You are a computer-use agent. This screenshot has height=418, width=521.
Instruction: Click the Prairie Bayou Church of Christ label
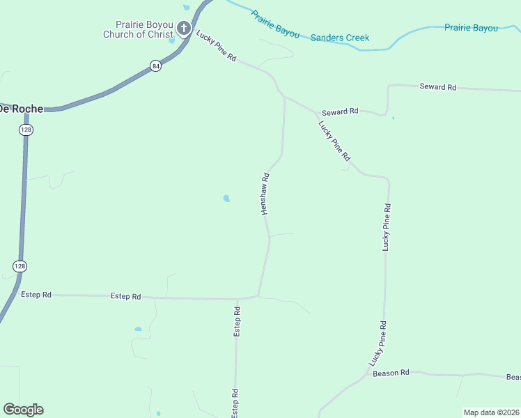[x=137, y=29]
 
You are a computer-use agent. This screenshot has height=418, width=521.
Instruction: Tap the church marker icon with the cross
[x=184, y=29]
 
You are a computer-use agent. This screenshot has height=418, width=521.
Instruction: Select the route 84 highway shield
[x=155, y=65]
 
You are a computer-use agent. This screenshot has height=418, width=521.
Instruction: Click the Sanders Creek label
[x=340, y=38]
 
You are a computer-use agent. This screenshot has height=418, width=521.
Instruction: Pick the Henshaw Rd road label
[x=265, y=194]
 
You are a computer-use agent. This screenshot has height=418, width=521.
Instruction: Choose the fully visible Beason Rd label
[x=391, y=373]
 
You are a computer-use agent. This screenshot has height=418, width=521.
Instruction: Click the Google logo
[x=23, y=410]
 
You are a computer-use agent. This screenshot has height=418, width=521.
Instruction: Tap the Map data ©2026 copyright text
[x=492, y=412]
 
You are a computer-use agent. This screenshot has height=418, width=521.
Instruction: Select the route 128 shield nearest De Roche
[x=26, y=130]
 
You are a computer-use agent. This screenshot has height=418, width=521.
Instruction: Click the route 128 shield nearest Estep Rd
[x=20, y=266]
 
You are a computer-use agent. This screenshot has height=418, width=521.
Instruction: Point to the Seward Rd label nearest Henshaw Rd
[x=340, y=111]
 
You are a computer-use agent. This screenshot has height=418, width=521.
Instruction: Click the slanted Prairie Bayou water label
[x=275, y=24]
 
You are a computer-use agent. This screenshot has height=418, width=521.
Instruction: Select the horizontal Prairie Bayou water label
[x=472, y=28]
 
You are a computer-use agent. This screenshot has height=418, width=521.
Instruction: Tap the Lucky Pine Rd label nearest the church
[x=217, y=47]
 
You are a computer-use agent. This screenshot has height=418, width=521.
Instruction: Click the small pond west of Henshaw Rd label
[x=226, y=199]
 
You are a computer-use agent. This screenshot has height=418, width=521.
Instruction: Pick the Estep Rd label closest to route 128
[x=36, y=295]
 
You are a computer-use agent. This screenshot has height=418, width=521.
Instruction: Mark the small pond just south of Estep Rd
[x=138, y=329]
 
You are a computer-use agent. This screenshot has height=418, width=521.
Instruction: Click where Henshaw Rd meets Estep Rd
[x=258, y=296]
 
